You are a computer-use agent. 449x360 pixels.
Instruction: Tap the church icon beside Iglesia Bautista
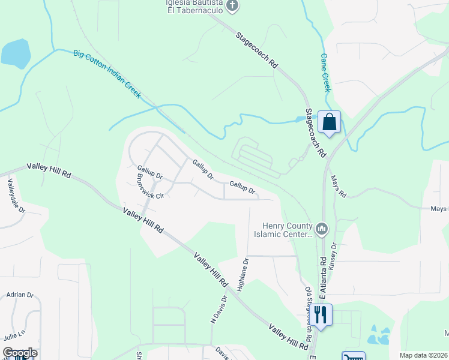(x=233, y=6)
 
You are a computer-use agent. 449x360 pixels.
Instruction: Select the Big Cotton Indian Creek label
(x=107, y=74)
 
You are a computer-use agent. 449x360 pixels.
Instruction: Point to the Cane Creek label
(x=325, y=72)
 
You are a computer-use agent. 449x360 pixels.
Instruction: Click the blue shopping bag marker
(x=329, y=123)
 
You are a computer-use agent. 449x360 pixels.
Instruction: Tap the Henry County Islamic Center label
(x=288, y=230)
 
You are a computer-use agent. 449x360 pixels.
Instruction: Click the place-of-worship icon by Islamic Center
(x=321, y=229)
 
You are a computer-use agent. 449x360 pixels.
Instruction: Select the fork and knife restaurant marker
(x=321, y=315)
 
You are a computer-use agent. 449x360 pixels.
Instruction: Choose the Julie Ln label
(x=14, y=335)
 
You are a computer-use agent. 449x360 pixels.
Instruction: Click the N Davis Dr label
(x=218, y=309)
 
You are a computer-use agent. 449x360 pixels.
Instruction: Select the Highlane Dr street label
(x=243, y=275)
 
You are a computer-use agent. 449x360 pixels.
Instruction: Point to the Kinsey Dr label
(x=334, y=256)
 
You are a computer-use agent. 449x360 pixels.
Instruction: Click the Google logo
(x=20, y=353)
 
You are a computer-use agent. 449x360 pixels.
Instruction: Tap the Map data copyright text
(x=423, y=355)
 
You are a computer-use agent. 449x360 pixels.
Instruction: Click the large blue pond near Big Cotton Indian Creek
(x=16, y=53)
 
